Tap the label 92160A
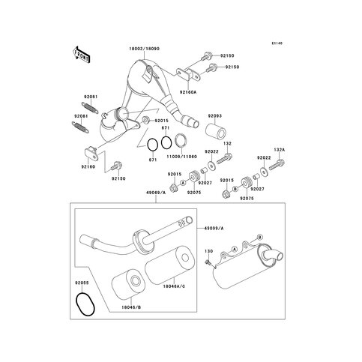pyautogui.click(x=187, y=91)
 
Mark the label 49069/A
pyautogui.click(x=147, y=191)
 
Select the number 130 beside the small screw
pyautogui.click(x=209, y=251)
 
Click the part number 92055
pyautogui.click(x=82, y=283)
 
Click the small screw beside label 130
pyautogui.click(x=207, y=262)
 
